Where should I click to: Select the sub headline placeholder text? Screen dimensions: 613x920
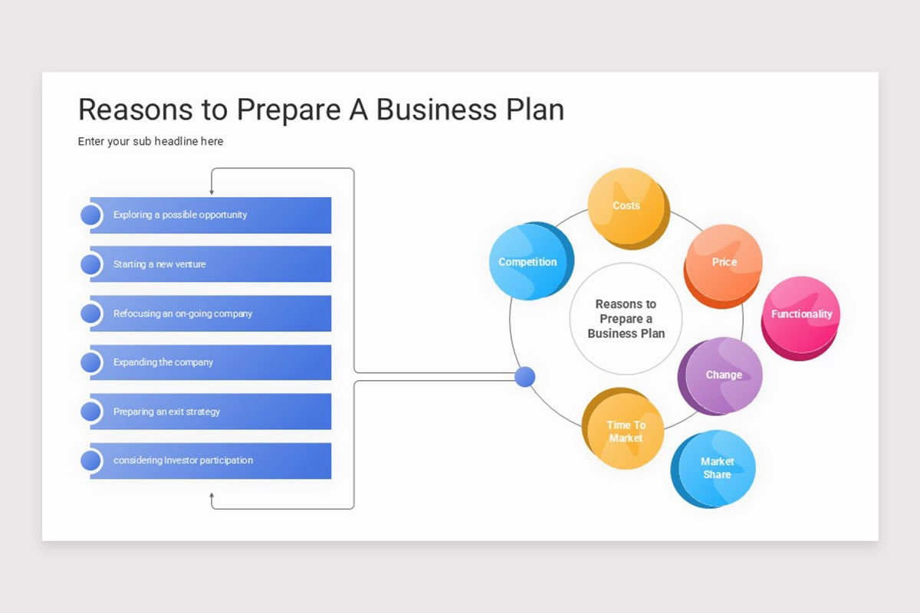point(150,141)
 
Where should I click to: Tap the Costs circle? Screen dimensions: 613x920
point(626,205)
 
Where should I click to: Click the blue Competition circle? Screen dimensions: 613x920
point(528,262)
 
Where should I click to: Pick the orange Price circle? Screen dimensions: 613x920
point(724,262)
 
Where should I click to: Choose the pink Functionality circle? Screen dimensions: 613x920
point(801,314)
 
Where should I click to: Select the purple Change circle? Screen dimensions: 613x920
point(724,375)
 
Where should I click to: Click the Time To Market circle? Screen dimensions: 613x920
point(626,431)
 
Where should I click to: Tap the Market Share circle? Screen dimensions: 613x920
point(717,468)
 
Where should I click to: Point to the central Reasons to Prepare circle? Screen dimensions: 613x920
point(626,319)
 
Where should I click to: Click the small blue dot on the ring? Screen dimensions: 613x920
point(524,377)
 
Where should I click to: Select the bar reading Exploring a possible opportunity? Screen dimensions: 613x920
point(211,215)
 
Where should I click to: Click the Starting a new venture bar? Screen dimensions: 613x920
point(211,264)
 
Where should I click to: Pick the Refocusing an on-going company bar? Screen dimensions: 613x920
point(211,313)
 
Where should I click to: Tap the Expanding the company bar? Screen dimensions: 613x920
point(211,362)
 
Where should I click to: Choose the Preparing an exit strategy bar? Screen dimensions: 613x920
point(211,411)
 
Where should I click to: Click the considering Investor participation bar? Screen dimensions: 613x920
point(211,461)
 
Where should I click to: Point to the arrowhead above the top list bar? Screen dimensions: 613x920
point(212,192)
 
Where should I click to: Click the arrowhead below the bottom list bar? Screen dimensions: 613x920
point(212,496)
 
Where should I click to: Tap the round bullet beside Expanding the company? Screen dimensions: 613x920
point(91,362)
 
